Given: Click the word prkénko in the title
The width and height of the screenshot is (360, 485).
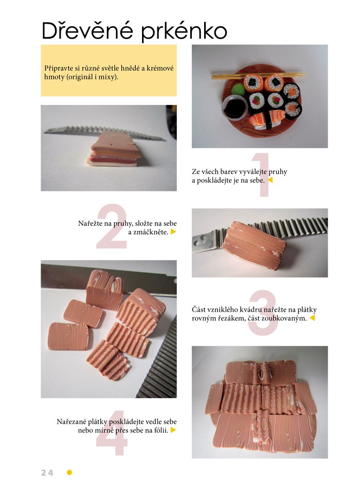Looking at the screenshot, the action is pos(184,32).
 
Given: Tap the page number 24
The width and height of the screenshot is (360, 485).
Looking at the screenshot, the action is pos(47,473).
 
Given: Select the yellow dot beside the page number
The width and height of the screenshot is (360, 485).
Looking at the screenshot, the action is pos(69,472).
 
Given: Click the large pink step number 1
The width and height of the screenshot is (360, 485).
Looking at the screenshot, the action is pos(261,174).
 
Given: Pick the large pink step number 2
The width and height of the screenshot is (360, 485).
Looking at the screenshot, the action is pos(112,226).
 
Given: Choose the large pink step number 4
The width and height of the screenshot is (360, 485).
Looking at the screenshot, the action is pos(112,433).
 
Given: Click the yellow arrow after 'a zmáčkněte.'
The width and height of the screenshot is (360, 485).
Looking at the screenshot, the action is pos(173,231).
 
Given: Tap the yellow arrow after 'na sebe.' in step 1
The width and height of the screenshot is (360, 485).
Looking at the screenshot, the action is pos(270,180).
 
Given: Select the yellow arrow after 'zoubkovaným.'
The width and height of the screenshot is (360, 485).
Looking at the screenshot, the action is pos(312,318).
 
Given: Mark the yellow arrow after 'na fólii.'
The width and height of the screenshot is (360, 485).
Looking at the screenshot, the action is pos(173,430).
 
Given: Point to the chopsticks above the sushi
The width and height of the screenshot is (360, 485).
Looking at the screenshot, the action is pos(259,75).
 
